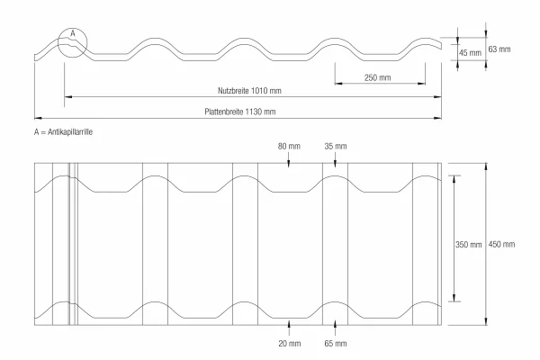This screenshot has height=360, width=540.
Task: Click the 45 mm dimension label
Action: coord(470,53)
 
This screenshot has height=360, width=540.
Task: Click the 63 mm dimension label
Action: coord(499,49)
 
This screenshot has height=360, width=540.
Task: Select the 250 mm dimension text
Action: coord(378,78)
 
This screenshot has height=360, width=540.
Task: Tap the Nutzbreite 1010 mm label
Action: coord(249,91)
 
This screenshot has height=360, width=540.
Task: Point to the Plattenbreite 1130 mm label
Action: coord(240,112)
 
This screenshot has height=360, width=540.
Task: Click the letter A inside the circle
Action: coord(73,33)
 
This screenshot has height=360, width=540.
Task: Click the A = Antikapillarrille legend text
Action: coord(63,132)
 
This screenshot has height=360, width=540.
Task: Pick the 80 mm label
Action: coord(289,147)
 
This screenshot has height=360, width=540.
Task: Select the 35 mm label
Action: coord(336,147)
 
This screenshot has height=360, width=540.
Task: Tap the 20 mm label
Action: coord(290,344)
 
